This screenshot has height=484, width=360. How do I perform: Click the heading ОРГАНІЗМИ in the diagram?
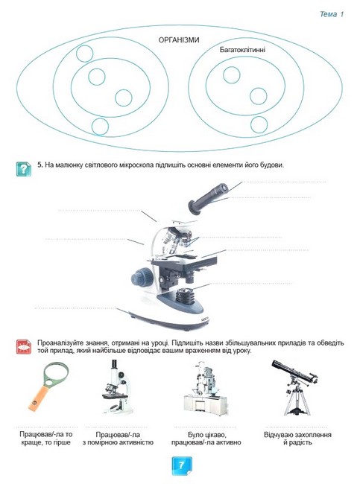click(179, 39)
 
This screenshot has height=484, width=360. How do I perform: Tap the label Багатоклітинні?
click(242, 50)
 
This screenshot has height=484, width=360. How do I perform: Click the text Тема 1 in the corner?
click(331, 14)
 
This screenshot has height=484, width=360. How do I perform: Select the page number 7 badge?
click(182, 465)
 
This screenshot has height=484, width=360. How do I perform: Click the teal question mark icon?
click(24, 169)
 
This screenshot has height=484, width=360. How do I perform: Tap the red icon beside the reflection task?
click(24, 347)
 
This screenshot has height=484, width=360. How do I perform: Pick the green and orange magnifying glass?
click(48, 386)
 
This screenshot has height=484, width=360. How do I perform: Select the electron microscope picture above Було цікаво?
click(206, 389)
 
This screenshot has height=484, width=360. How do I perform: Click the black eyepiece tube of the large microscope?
click(208, 199)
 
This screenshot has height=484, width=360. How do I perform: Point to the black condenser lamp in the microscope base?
click(186, 296)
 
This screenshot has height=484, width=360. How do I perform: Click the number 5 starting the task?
click(40, 165)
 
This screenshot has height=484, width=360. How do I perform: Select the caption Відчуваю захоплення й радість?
click(297, 439)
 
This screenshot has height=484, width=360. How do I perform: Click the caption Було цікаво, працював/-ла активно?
click(206, 439)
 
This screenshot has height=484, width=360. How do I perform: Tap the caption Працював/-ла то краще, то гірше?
click(46, 439)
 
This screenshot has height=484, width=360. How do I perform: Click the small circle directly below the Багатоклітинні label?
click(232, 75)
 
